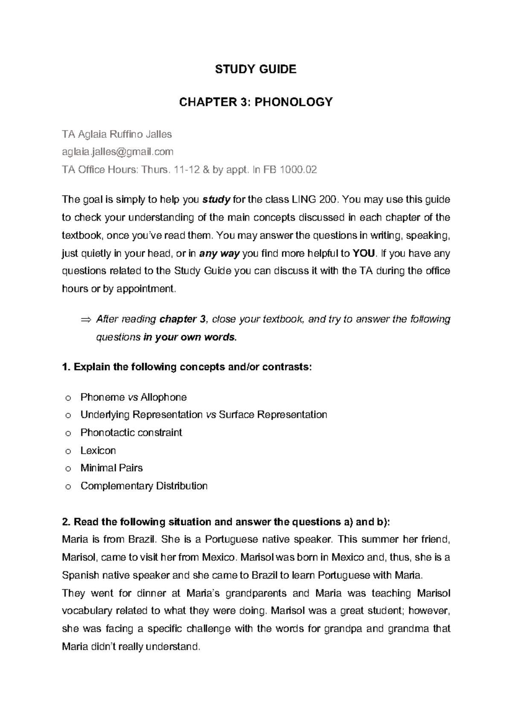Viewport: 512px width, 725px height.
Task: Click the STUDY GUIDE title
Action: click(256, 70)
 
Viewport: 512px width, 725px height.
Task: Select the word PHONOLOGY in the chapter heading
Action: click(294, 102)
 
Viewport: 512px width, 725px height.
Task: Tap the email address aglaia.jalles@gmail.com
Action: click(118, 152)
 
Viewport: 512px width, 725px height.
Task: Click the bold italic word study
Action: click(216, 200)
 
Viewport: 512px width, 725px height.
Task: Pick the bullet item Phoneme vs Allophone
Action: click(134, 398)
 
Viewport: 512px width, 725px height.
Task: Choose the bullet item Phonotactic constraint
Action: click(131, 433)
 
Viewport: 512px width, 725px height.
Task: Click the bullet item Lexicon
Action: click(98, 450)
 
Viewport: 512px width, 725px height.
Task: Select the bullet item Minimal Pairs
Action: click(111, 468)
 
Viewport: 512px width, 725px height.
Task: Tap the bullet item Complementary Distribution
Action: click(144, 486)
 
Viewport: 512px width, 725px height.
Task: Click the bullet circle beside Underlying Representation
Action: click(67, 415)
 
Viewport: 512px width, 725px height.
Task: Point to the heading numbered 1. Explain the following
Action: click(187, 367)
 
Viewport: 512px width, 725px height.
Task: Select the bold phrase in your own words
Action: click(189, 337)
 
